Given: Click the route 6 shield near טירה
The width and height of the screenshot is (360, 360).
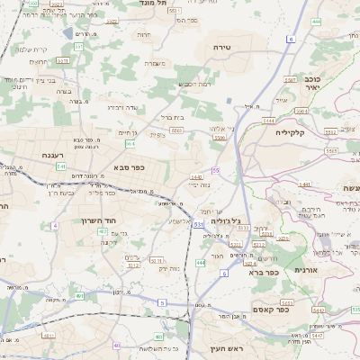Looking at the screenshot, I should pyautogui.click(x=291, y=40).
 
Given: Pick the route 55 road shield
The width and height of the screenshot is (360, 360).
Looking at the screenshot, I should pyautogui.click(x=216, y=170).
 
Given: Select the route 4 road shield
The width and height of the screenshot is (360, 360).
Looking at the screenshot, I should pyautogui.click(x=54, y=225).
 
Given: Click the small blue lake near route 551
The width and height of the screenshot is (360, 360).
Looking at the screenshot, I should pyautogui.click(x=69, y=33).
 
